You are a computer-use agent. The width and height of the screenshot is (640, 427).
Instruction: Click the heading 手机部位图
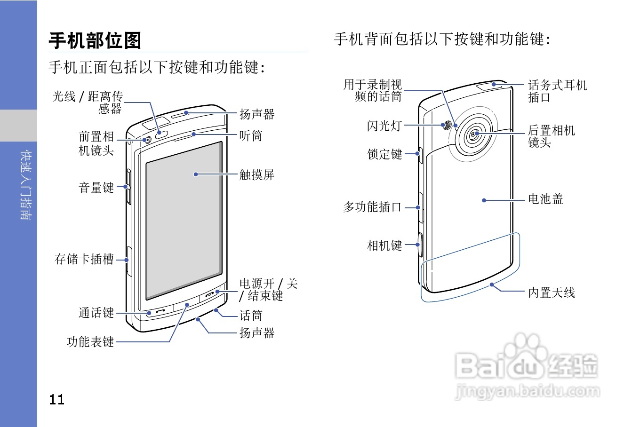tap(95, 40)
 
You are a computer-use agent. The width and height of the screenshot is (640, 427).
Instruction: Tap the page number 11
tap(56, 400)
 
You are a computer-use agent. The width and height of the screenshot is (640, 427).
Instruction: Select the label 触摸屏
tap(256, 175)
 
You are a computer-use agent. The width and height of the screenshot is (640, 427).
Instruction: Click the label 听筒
tap(250, 136)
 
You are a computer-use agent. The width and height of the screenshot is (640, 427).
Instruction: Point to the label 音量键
tap(96, 188)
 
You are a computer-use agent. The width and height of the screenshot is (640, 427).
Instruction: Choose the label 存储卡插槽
tap(84, 259)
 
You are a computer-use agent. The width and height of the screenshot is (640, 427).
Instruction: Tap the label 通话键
tap(96, 313)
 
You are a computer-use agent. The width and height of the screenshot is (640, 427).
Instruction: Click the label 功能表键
tap(90, 342)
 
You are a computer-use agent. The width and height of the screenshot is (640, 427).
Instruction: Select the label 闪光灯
tap(384, 126)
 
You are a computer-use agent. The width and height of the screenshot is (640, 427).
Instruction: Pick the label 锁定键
tap(384, 154)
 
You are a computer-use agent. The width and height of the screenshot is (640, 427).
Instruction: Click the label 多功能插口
tap(372, 207)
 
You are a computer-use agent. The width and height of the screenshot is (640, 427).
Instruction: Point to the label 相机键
tap(384, 245)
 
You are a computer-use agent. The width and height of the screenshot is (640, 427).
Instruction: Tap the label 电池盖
tap(545, 199)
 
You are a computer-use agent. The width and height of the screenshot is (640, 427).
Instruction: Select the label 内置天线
tap(551, 293)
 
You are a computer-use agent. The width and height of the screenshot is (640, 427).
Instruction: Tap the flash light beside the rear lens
tap(447, 125)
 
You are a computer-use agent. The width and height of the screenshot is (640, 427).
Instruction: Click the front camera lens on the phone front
tap(147, 140)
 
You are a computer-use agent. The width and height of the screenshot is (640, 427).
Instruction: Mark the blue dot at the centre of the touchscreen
tap(196, 174)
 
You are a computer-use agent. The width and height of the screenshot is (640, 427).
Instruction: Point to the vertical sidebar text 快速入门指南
tap(26, 185)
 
